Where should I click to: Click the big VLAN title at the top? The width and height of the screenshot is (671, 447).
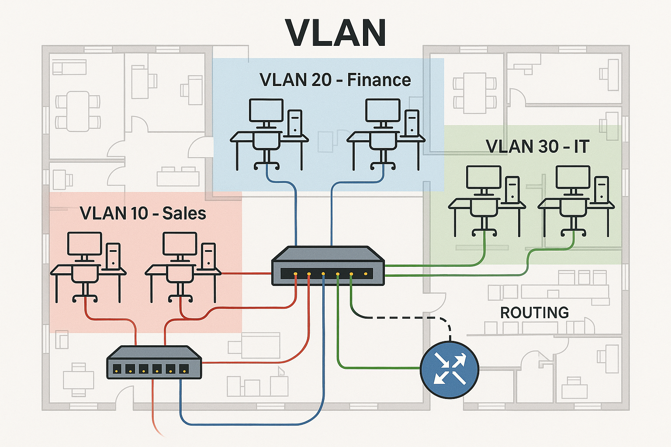[335, 33]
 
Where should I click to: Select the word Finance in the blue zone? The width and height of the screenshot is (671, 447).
[379, 80]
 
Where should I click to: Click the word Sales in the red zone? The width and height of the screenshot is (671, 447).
[184, 213]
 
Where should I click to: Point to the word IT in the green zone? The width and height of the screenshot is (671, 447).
[581, 147]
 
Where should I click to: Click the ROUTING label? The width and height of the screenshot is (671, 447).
[534, 313]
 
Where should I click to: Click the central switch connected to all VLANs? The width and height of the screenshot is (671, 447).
[328, 266]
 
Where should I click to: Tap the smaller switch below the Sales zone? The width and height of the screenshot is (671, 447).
[154, 362]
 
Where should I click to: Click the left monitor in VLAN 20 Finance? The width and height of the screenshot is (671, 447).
[266, 110]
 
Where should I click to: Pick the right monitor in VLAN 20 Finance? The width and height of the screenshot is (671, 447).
[383, 110]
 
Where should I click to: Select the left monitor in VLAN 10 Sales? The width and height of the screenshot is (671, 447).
[84, 244]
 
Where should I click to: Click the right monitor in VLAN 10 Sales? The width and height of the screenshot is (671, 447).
[180, 244]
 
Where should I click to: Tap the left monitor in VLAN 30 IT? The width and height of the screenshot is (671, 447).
[484, 178]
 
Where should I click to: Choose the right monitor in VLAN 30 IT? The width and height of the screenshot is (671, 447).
[573, 178]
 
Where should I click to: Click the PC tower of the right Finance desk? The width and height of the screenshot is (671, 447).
[412, 123]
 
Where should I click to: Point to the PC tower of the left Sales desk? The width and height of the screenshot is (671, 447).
[113, 255]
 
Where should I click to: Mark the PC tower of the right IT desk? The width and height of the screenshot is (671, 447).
[602, 189]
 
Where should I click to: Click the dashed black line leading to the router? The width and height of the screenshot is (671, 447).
[402, 318]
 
